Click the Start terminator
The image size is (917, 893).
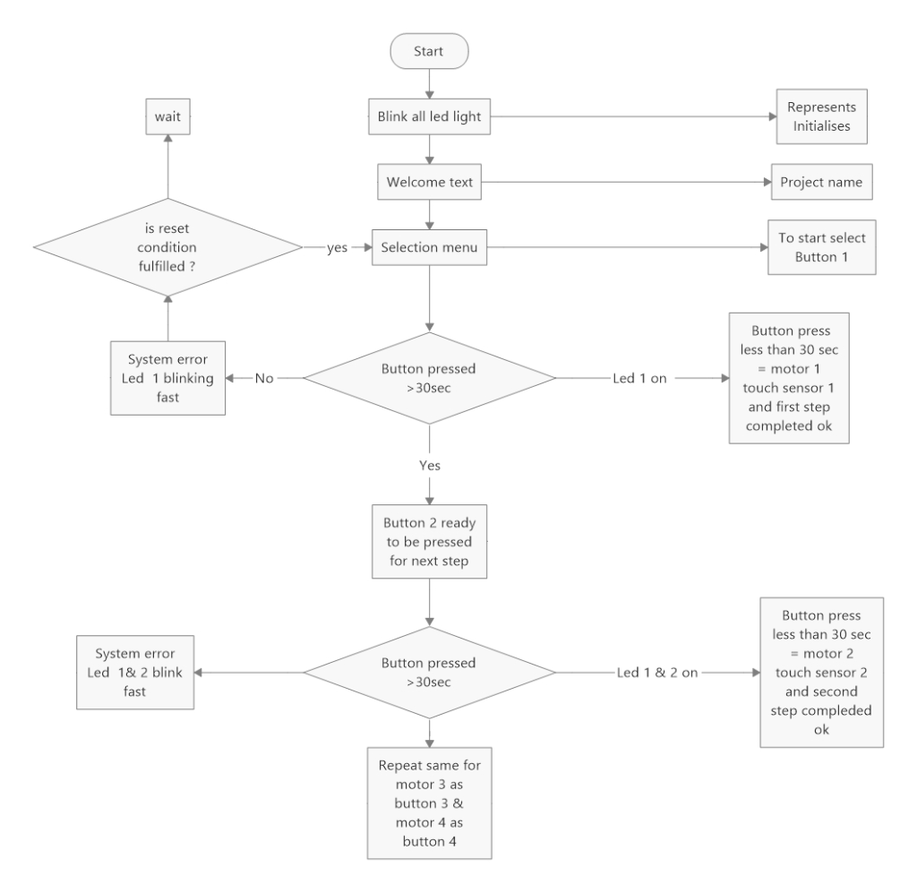pyautogui.click(x=429, y=52)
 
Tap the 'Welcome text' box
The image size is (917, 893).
pyautogui.click(x=429, y=183)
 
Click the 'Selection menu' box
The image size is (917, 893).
pyautogui.click(x=429, y=248)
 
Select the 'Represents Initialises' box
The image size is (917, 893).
pyautogui.click(x=821, y=117)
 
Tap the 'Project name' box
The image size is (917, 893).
pyautogui.click(x=821, y=183)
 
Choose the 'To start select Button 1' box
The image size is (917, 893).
pyautogui.click(x=821, y=248)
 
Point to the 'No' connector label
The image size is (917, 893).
pyautogui.click(x=264, y=379)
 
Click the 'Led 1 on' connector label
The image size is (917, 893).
pyautogui.click(x=642, y=379)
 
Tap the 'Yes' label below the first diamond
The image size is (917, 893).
pyautogui.click(x=429, y=466)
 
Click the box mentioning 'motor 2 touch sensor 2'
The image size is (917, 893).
pyautogui.click(x=821, y=672)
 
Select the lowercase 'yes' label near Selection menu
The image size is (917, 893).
pyautogui.click(x=338, y=248)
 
